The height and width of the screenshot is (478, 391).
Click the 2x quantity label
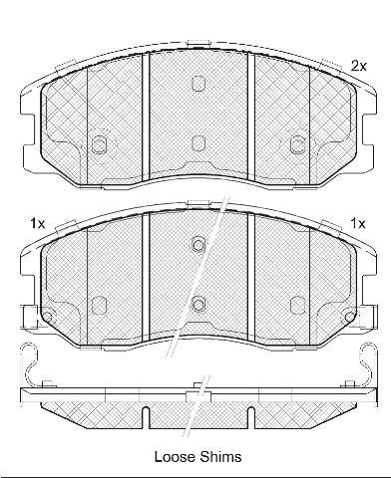(359, 67)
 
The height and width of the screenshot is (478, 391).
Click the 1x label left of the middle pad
(37, 224)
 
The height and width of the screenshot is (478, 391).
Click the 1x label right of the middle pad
(358, 224)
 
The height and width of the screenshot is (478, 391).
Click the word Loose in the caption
(176, 457)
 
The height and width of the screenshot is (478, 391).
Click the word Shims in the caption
(220, 457)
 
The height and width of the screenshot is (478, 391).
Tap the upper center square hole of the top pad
(198, 83)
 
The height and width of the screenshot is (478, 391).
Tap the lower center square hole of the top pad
(198, 143)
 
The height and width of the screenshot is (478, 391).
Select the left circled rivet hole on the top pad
(99, 145)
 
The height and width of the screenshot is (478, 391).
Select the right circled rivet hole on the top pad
(297, 145)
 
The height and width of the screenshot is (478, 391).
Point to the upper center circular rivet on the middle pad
(198, 245)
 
